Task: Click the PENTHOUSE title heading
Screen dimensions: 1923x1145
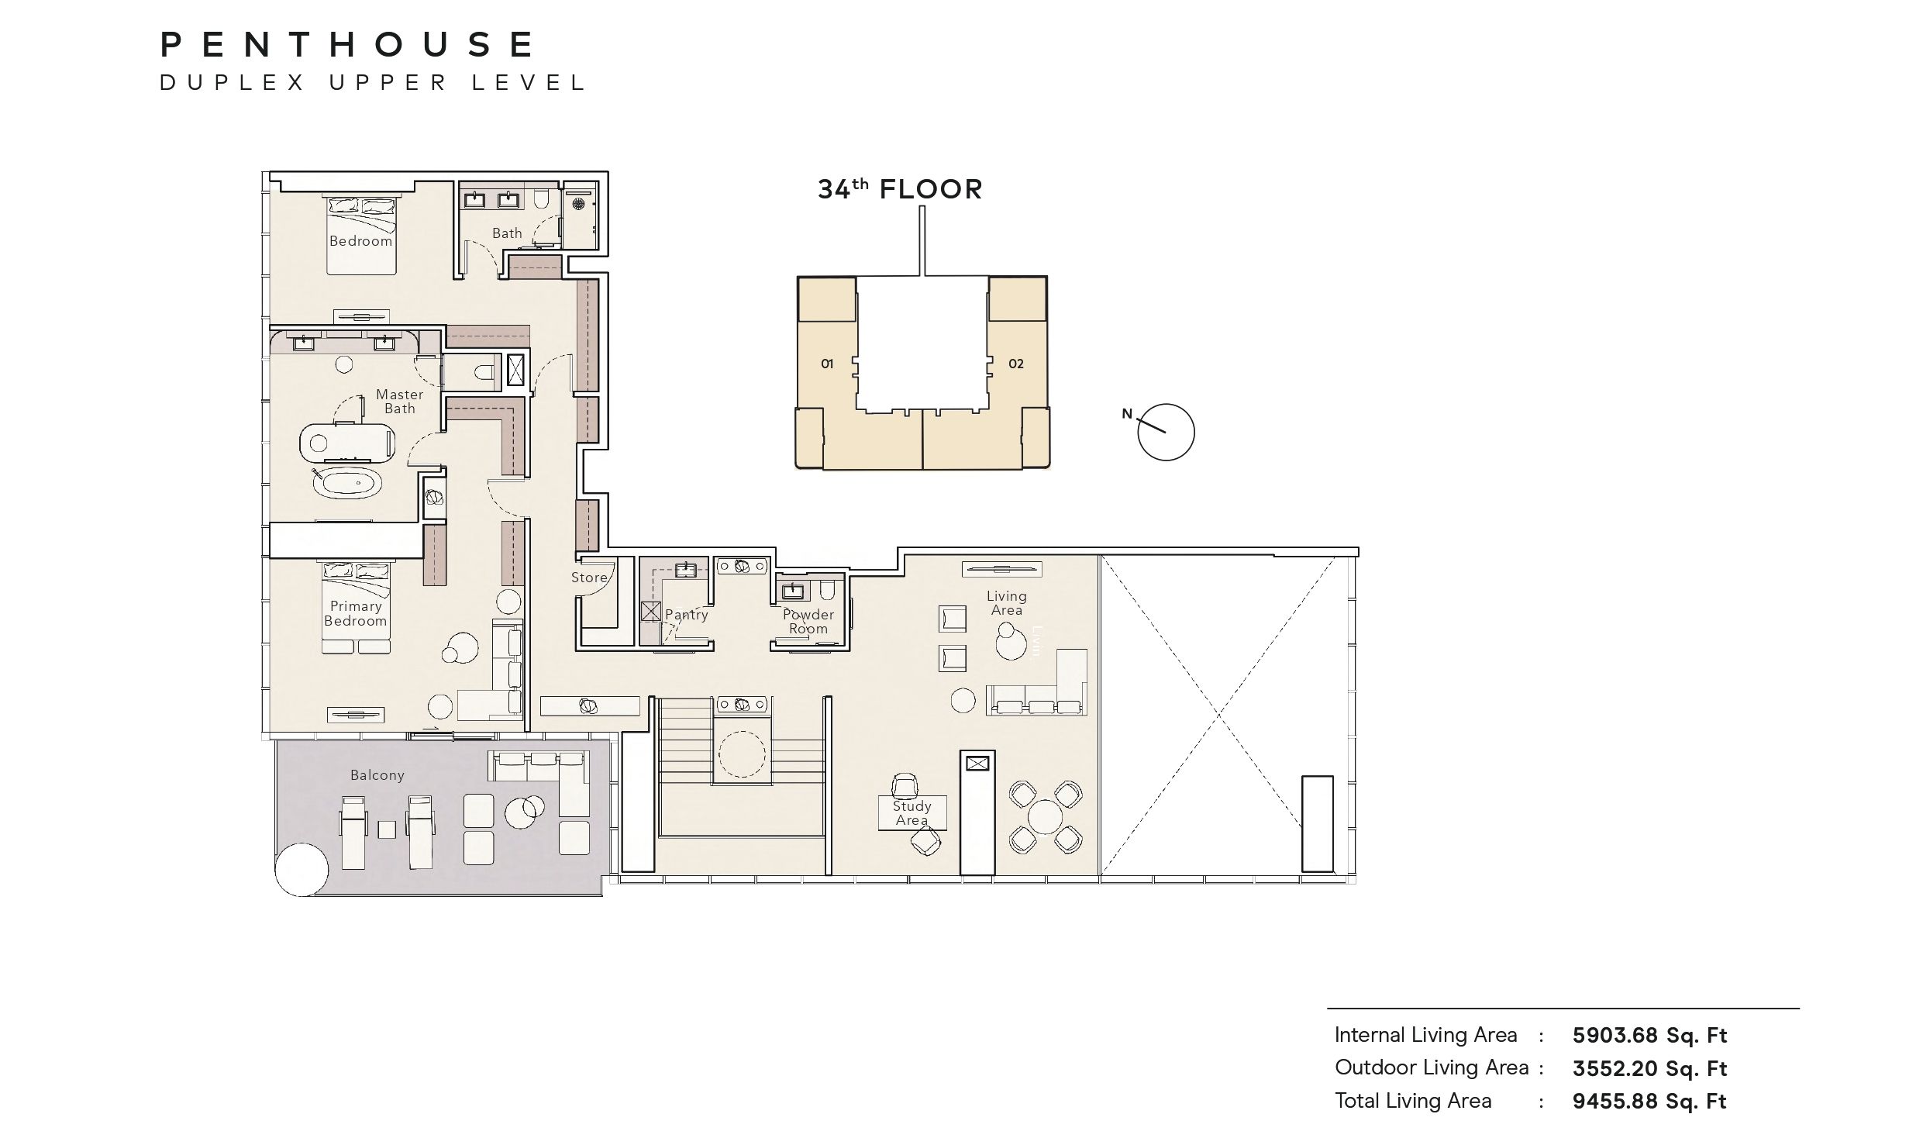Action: point(346,44)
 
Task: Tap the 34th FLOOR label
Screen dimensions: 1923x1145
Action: point(900,188)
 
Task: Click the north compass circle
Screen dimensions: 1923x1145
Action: point(1166,433)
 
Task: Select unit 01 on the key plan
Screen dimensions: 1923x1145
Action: point(827,364)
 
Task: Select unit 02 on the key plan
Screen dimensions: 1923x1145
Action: point(1015,364)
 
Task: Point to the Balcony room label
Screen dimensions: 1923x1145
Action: point(377,775)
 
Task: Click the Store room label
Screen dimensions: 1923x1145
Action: point(589,578)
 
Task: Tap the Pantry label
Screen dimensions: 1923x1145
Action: point(687,615)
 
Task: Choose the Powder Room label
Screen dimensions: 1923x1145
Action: point(808,622)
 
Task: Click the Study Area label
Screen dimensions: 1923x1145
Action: point(912,813)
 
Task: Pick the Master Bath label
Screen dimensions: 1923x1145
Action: point(400,402)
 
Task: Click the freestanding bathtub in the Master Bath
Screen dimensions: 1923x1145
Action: point(347,484)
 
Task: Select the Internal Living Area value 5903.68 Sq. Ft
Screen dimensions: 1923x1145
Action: point(1649,1036)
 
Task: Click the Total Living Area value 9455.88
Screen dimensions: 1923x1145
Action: point(1615,1102)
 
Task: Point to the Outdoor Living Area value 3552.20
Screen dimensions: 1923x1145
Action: point(1615,1069)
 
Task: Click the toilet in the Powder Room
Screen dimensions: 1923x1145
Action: point(827,591)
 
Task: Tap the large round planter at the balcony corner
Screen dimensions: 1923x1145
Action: point(302,870)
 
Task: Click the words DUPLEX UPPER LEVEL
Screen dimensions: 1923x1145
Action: point(373,83)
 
